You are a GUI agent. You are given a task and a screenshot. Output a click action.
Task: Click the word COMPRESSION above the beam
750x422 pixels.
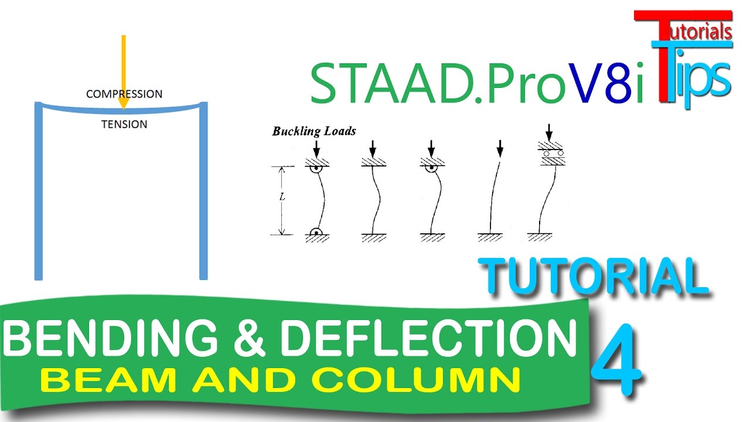(124, 94)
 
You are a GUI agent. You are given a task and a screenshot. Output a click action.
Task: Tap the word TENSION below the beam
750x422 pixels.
(124, 124)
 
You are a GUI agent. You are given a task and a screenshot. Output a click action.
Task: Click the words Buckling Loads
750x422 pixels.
(313, 131)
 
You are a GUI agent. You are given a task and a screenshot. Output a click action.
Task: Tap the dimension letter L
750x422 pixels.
(282, 197)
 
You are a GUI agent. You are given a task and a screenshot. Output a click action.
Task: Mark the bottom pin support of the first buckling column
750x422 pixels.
(316, 232)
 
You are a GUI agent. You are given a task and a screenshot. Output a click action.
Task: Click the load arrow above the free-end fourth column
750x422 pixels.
(499, 148)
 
